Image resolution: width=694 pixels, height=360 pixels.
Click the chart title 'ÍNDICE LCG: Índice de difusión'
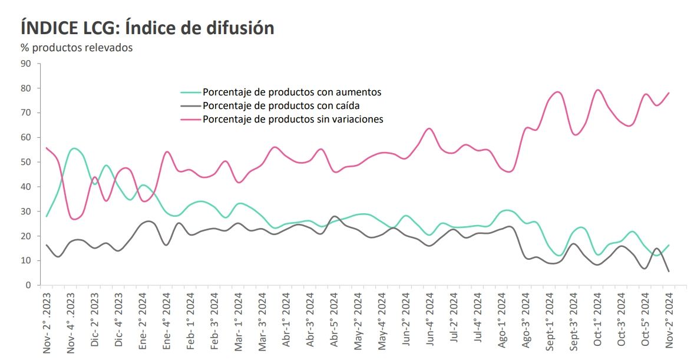(147, 28)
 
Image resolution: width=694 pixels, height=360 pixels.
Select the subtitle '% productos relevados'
(77, 48)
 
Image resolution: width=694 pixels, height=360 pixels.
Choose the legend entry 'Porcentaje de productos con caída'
(280, 105)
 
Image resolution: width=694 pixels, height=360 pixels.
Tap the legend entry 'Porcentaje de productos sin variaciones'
(293, 119)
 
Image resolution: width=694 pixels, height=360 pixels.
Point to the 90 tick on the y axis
(27, 63)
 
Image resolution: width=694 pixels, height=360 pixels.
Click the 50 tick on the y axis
(27, 162)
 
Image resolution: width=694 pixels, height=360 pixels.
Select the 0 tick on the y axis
(29, 285)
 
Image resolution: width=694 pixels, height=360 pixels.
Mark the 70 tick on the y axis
(27, 113)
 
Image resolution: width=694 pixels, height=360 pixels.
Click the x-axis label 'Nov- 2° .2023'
(47, 323)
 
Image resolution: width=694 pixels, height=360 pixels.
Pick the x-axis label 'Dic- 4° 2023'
(119, 321)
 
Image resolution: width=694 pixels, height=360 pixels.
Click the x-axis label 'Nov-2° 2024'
(670, 321)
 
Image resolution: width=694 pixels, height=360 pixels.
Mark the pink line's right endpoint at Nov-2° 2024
(669, 93)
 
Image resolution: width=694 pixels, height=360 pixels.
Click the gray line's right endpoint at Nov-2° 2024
(669, 271)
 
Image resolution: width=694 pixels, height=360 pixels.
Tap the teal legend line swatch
(190, 93)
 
